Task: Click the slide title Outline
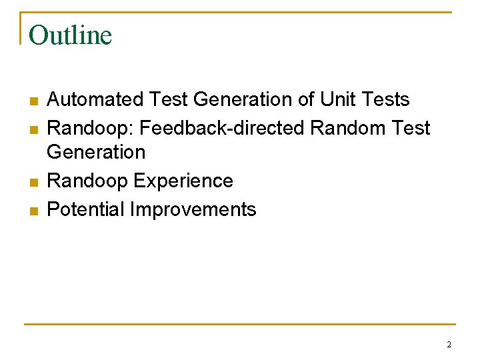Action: [71, 35]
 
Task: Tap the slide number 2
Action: [449, 345]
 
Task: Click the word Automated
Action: [95, 100]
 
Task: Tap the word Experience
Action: [183, 181]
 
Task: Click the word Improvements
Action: [193, 209]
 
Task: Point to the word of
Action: [306, 100]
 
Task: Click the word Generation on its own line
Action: [96, 153]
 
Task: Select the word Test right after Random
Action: [409, 128]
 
